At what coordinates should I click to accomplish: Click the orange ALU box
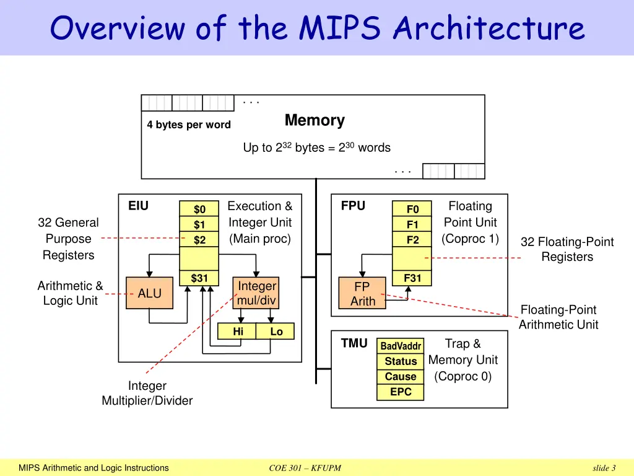click(x=149, y=293)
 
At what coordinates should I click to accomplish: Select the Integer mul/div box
click(x=257, y=293)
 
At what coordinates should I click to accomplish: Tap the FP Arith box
click(x=362, y=294)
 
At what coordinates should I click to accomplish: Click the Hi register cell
click(x=238, y=332)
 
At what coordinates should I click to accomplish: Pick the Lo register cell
click(x=276, y=332)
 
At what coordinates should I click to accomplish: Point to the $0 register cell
click(x=199, y=209)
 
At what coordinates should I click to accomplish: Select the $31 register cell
click(x=199, y=278)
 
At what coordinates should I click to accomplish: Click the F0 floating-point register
click(x=412, y=209)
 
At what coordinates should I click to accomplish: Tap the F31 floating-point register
click(x=412, y=278)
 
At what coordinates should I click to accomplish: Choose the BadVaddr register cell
click(x=401, y=346)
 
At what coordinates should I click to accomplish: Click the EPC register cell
click(x=401, y=392)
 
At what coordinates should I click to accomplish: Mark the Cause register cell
click(x=401, y=376)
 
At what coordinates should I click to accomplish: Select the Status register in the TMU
click(x=401, y=361)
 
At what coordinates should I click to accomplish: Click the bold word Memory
click(x=315, y=120)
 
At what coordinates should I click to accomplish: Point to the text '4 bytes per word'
click(x=189, y=125)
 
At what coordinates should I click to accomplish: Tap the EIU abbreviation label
click(x=138, y=206)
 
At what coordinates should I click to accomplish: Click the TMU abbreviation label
click(x=354, y=343)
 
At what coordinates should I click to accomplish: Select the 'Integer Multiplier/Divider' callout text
click(x=147, y=393)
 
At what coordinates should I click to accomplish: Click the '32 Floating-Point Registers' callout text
click(x=567, y=249)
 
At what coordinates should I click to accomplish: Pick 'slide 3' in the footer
click(x=604, y=468)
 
